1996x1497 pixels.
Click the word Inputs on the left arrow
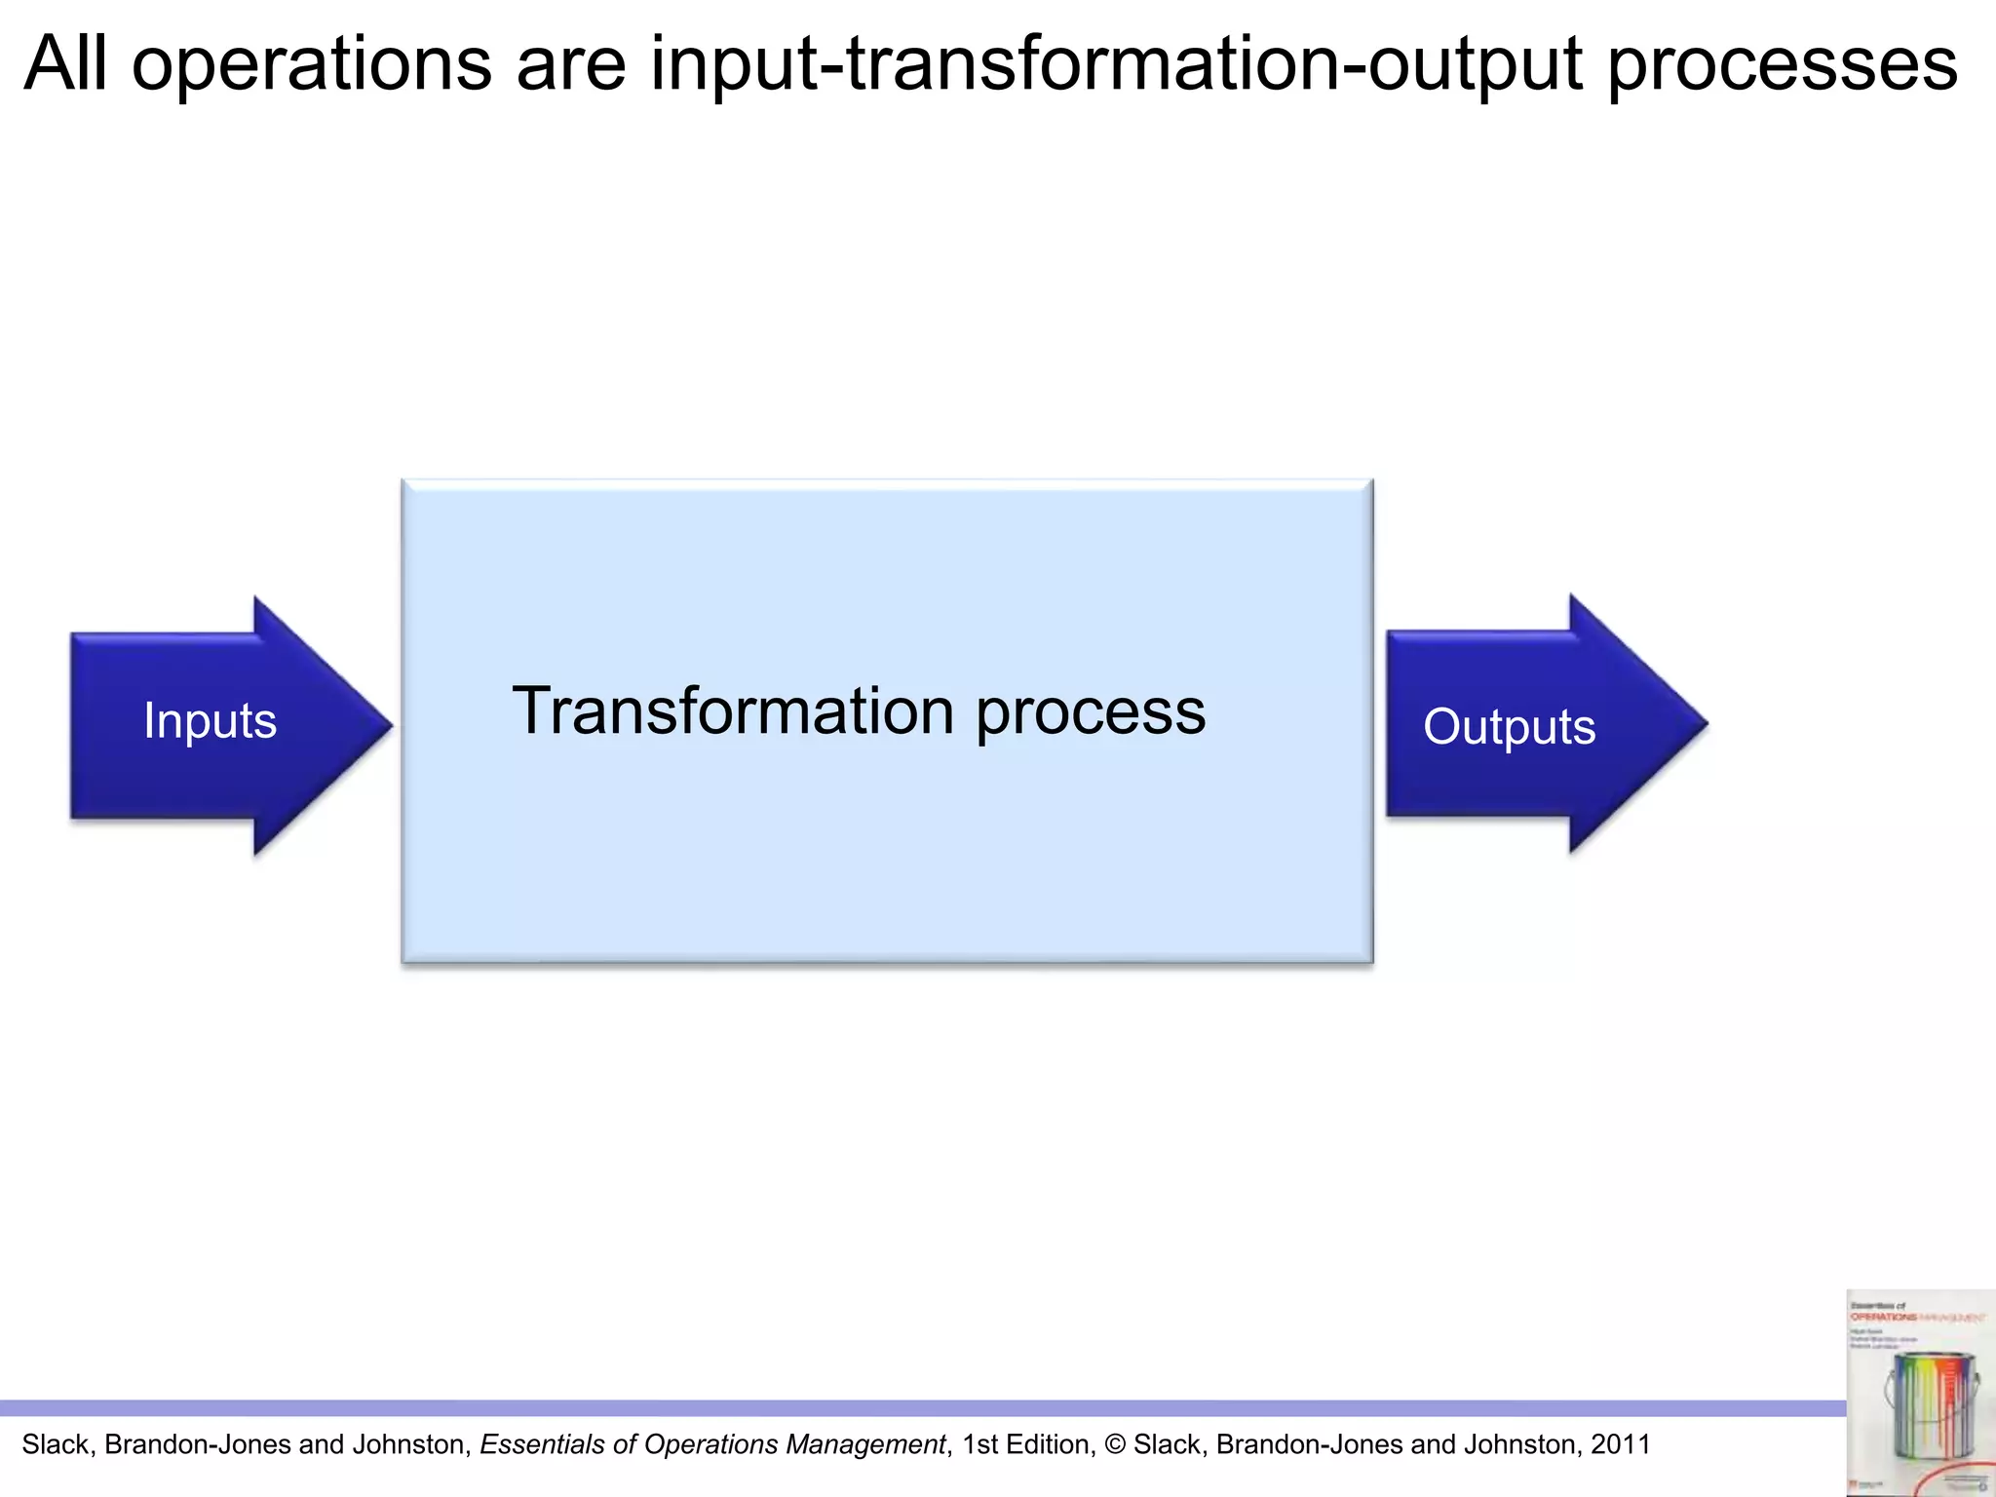[x=210, y=721]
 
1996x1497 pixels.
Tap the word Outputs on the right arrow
[x=1509, y=727]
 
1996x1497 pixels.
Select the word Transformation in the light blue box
[x=733, y=710]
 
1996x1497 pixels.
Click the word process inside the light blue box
[x=1091, y=713]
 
